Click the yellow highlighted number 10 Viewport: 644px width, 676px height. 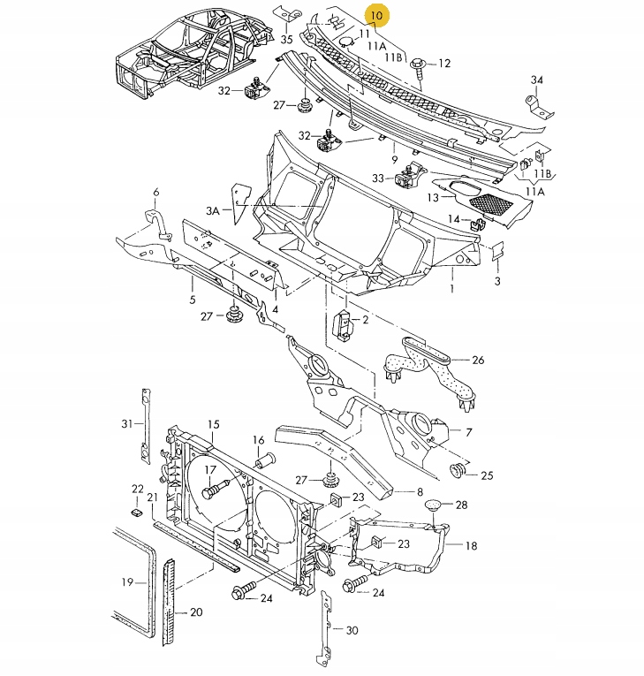(x=377, y=15)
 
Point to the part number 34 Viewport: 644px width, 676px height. (x=535, y=80)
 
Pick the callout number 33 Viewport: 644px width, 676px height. (x=378, y=178)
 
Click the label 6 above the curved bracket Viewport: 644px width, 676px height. (x=155, y=192)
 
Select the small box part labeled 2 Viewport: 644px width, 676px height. (x=345, y=324)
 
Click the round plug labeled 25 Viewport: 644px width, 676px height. (x=458, y=469)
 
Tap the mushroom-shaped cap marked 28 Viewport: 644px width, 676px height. (x=433, y=506)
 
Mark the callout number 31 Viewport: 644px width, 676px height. (x=125, y=424)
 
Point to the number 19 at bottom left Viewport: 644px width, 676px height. (x=127, y=582)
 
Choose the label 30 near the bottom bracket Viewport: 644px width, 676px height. (x=352, y=630)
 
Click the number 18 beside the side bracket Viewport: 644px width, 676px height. (x=471, y=546)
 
